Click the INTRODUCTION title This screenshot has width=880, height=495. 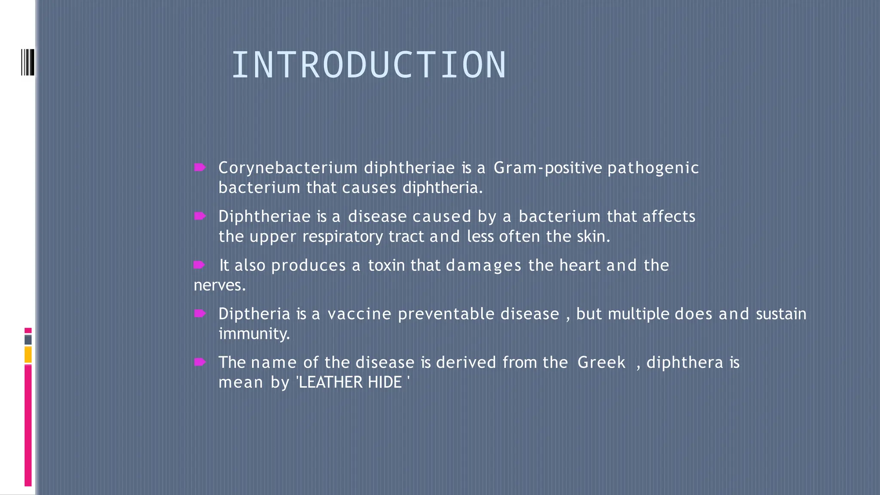click(369, 65)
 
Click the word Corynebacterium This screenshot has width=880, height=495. click(287, 168)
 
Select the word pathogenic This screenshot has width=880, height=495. click(653, 168)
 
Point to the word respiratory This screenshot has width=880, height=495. click(342, 237)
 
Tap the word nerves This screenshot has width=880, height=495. click(219, 285)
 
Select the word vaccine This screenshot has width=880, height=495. click(359, 314)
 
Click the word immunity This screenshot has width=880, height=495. click(254, 334)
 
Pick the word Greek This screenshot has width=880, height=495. click(601, 363)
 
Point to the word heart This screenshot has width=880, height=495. click(580, 266)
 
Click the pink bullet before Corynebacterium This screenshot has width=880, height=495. click(200, 167)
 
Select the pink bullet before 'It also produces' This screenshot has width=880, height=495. click(199, 265)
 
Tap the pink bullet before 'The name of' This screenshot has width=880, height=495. click(200, 362)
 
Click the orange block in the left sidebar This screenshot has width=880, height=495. click(28, 355)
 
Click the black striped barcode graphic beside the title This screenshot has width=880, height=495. click(27, 62)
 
